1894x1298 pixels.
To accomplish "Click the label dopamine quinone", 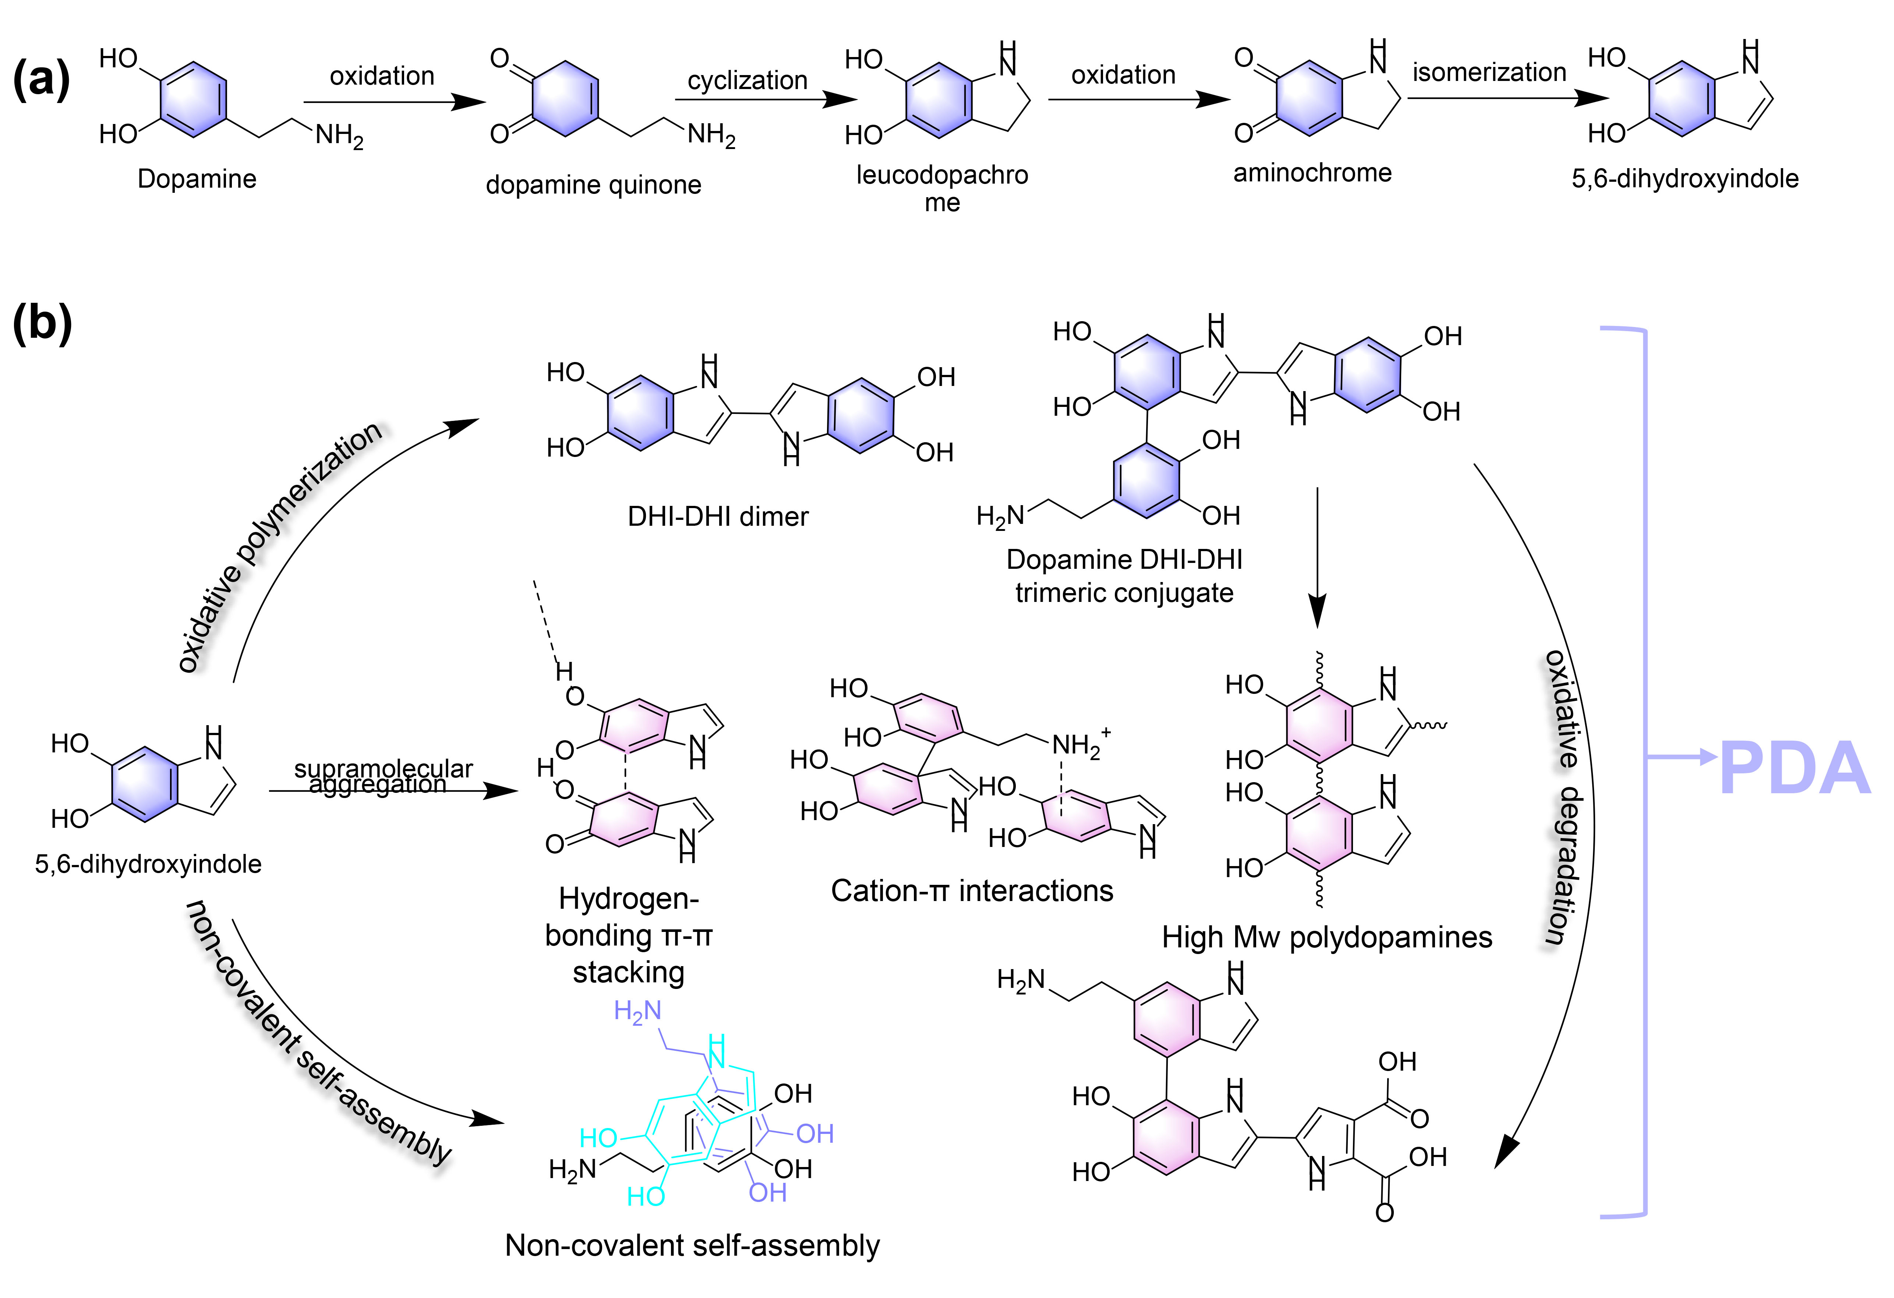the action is click(593, 185).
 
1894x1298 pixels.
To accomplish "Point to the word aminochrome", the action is click(1312, 173).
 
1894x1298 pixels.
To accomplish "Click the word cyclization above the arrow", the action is click(747, 81).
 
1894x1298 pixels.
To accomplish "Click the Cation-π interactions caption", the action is click(971, 891).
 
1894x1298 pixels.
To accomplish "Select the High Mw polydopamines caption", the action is click(1327, 938).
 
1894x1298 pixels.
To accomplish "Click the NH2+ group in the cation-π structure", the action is click(1081, 744).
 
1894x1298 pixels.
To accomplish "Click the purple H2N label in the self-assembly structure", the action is click(637, 1012).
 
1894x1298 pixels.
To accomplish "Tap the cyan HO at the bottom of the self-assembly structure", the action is click(646, 1196).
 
